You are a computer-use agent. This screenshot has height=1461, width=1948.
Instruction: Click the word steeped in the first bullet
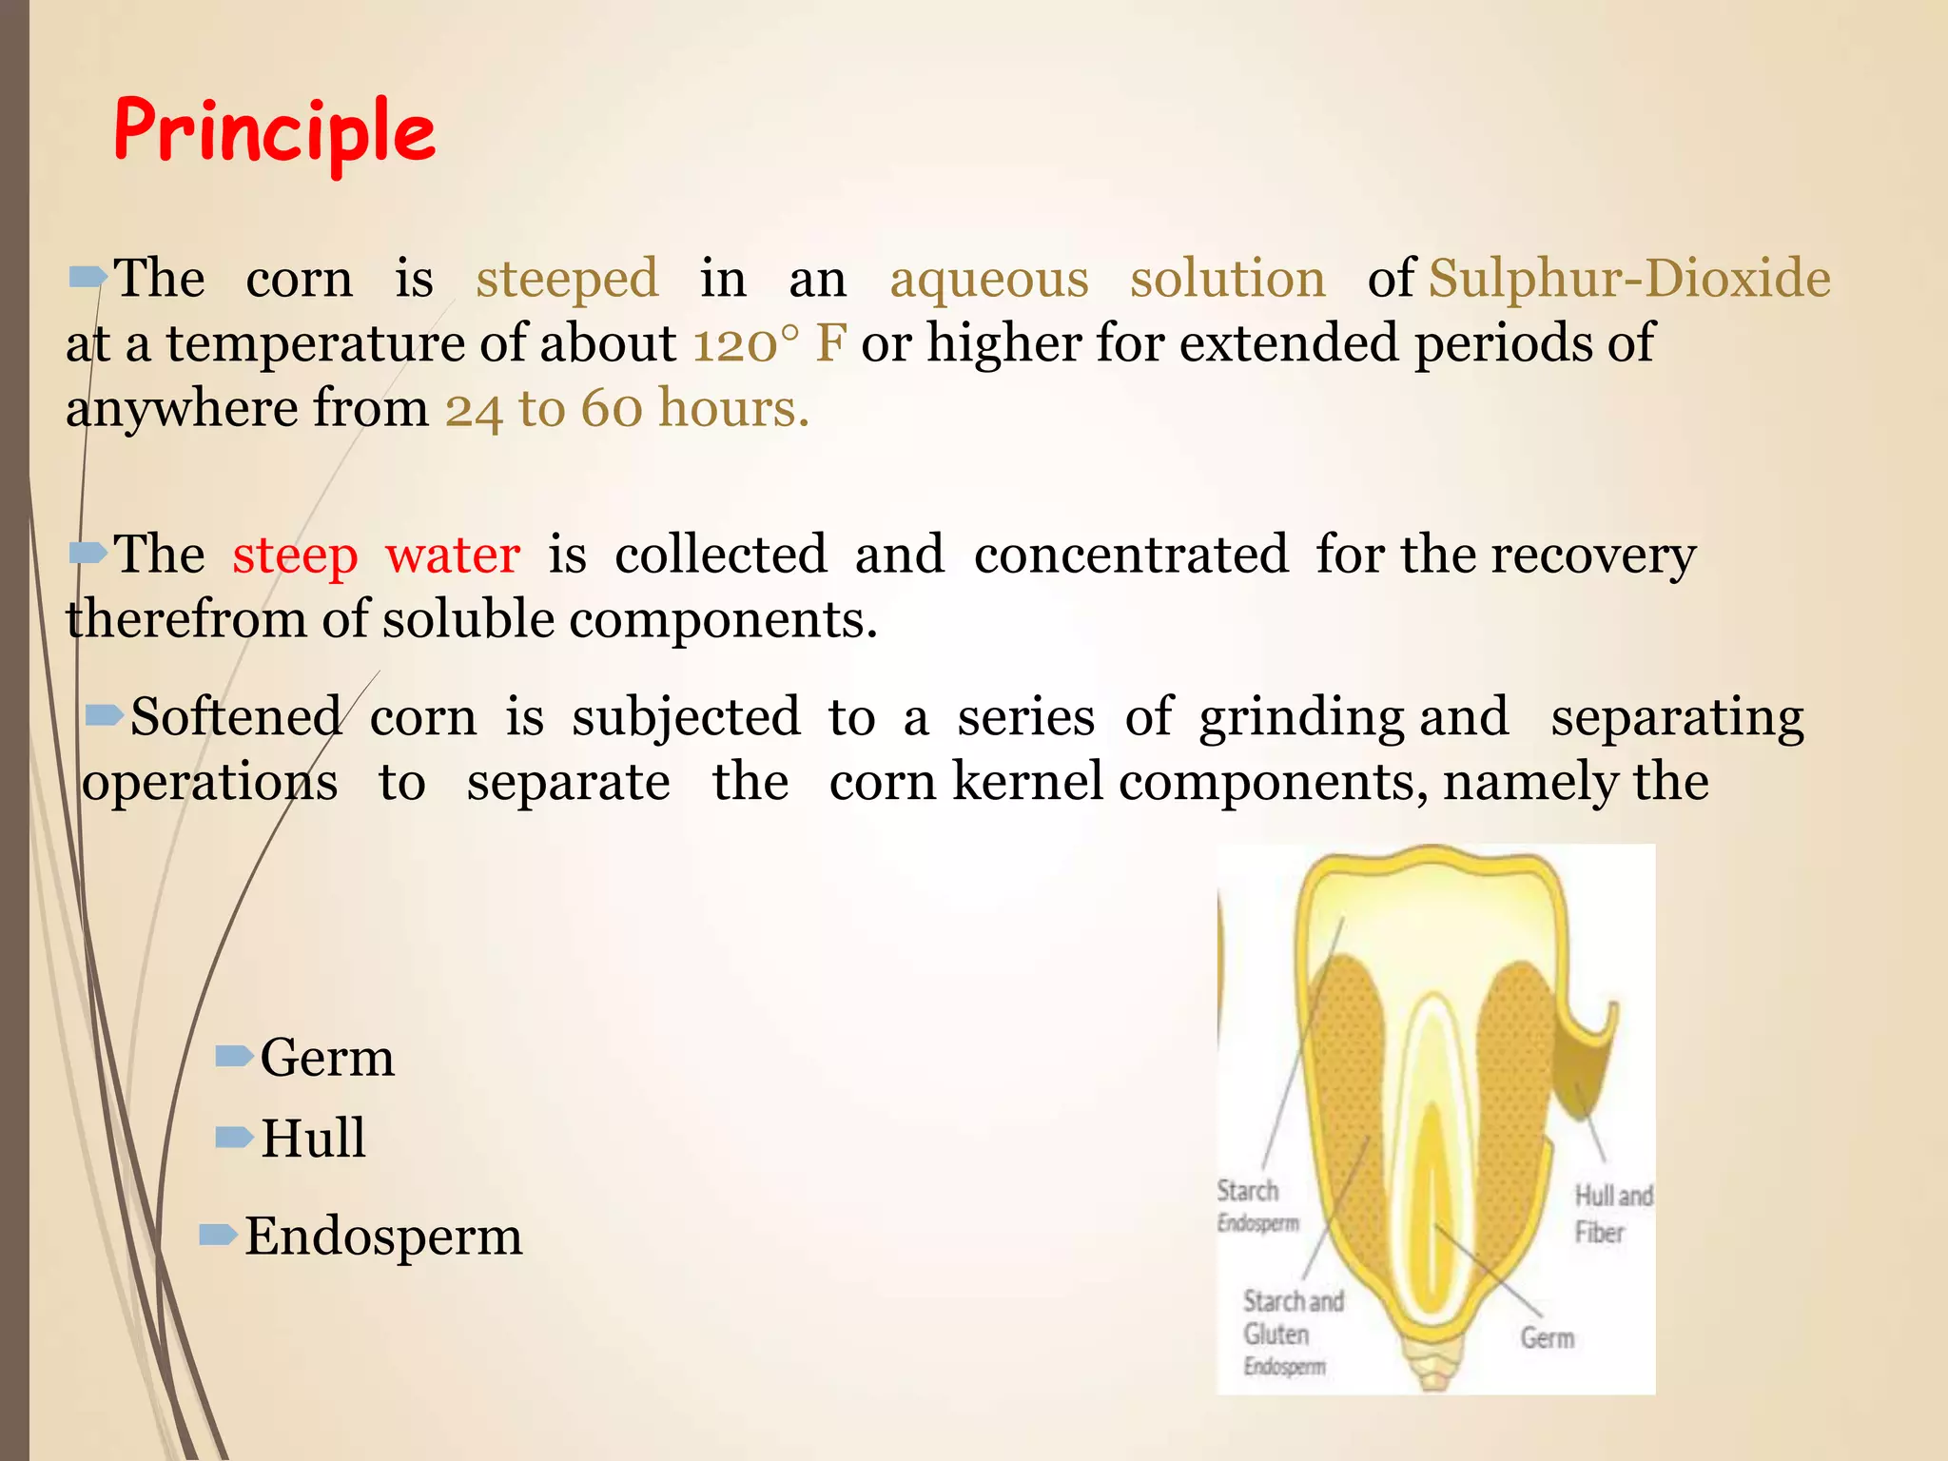567,279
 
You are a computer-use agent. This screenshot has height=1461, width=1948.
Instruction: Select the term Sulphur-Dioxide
1628,279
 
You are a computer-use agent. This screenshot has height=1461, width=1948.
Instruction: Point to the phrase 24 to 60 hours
627,409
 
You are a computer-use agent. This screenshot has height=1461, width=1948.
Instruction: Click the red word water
453,555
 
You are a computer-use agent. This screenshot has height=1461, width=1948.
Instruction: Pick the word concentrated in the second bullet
1131,555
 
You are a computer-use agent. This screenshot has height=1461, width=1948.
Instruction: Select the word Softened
235,716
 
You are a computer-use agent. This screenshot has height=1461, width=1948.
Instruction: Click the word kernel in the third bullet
1027,782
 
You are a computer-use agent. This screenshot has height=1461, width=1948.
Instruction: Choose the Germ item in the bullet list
326,1058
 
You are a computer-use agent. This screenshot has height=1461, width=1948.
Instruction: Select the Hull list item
312,1138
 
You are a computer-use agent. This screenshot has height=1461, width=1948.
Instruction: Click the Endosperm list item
382,1237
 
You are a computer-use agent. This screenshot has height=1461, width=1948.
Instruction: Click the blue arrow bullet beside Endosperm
217,1235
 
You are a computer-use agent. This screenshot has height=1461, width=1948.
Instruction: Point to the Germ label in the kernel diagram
1547,1338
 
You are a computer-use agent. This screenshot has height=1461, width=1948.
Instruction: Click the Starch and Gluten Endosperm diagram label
1292,1332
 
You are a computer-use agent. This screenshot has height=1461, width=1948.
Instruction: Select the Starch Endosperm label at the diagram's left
1256,1205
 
